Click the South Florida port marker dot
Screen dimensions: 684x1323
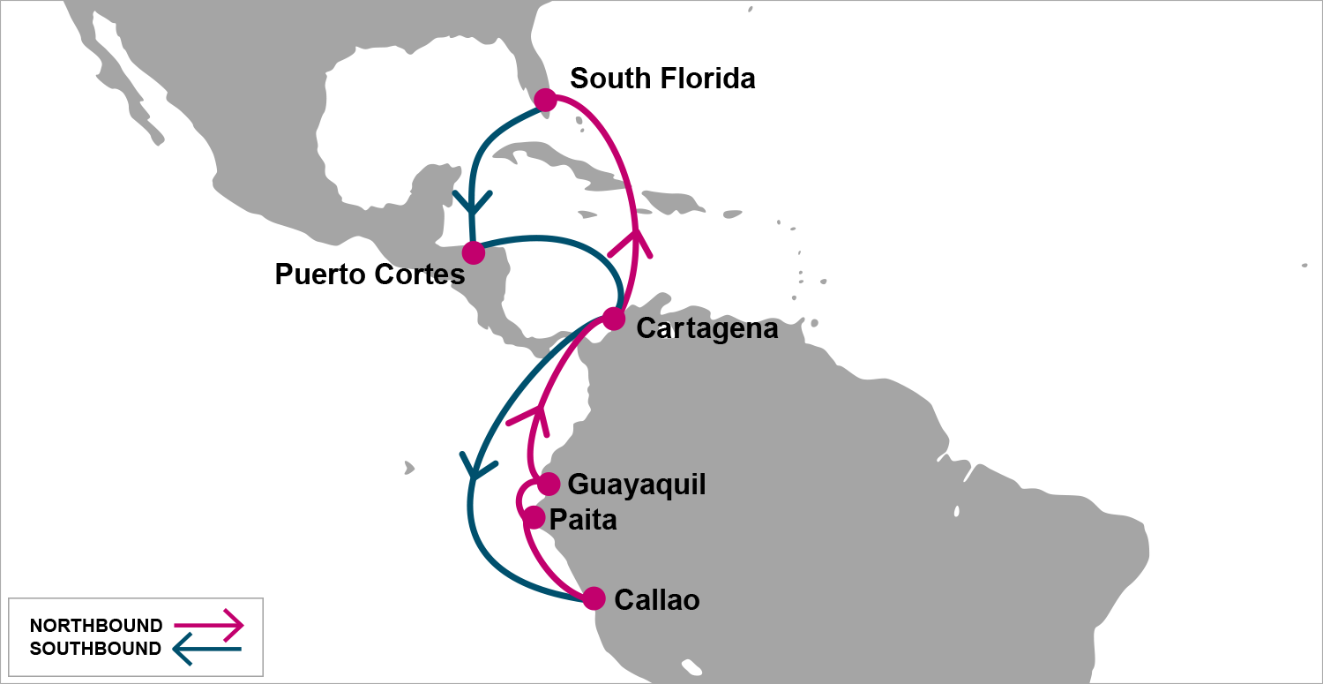point(545,100)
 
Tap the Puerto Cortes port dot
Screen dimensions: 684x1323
point(474,252)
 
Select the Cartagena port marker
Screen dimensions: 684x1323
point(614,319)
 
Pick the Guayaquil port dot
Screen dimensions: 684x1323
point(549,484)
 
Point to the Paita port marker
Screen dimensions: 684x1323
point(534,517)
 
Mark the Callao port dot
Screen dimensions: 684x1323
point(594,598)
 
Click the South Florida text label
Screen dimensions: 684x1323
point(662,79)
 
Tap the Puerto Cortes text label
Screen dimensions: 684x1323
point(370,274)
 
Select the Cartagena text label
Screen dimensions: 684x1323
point(706,329)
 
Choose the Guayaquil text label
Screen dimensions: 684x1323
point(637,485)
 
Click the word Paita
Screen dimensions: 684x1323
point(583,520)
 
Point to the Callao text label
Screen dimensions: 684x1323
point(657,600)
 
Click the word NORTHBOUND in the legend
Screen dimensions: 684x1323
point(96,626)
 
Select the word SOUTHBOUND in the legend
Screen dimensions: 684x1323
point(95,649)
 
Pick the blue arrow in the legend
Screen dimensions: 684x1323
point(207,650)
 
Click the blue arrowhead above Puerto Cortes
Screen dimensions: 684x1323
point(472,205)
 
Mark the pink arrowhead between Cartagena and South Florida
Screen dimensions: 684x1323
point(632,241)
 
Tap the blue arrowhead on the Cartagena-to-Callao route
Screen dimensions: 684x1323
point(475,469)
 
